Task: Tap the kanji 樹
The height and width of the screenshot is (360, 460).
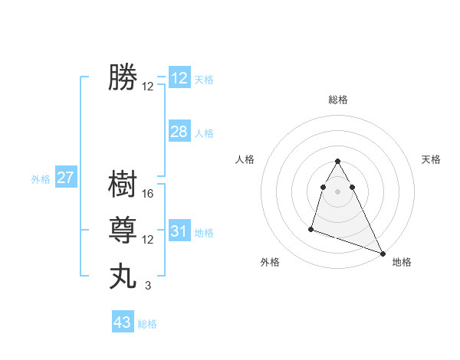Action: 123,185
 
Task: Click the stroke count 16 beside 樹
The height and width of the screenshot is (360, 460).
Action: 148,194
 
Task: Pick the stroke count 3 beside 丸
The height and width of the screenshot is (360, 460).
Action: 148,286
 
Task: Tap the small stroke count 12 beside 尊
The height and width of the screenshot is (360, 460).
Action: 148,240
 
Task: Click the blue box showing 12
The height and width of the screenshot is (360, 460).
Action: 179,78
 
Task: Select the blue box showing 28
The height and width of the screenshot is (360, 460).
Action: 179,132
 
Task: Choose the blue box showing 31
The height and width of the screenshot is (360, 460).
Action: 179,231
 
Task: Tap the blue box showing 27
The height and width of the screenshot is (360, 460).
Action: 66,178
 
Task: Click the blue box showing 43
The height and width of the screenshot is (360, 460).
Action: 123,322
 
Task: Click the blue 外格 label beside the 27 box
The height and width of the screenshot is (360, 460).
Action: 41,179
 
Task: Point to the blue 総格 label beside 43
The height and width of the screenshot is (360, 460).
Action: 147,324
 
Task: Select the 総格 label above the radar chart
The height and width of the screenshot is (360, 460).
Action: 337,100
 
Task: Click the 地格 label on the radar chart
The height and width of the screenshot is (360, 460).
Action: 402,262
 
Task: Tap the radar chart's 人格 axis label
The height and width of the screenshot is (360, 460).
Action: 245,159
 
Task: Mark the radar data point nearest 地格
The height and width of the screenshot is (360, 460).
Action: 383,254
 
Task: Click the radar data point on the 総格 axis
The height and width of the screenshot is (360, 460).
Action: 337,161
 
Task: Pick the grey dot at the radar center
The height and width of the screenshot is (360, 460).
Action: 337,191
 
